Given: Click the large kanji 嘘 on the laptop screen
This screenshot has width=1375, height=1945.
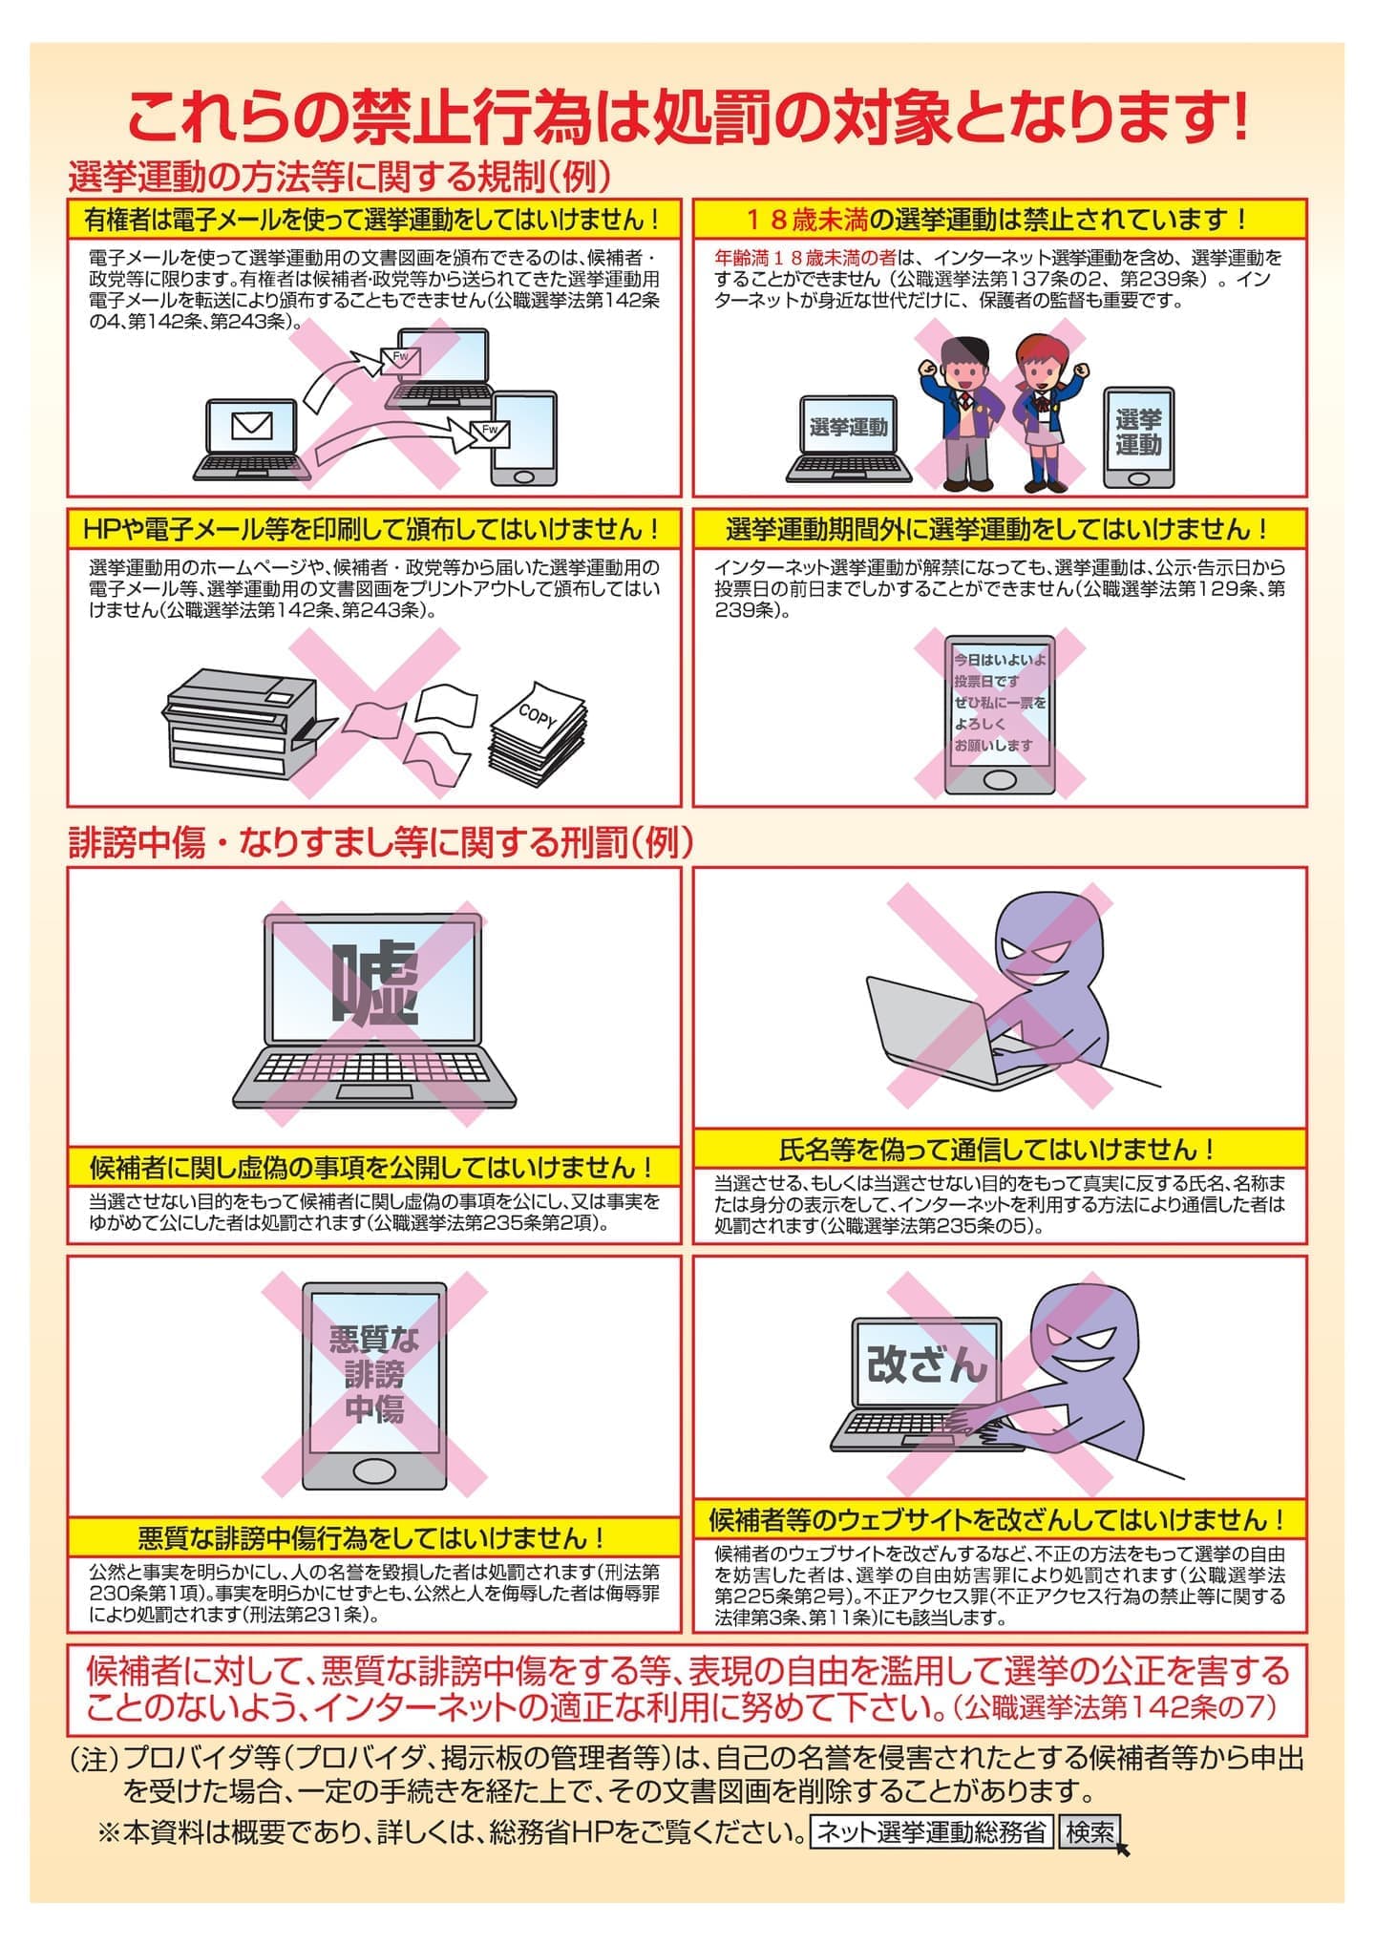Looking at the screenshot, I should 374,983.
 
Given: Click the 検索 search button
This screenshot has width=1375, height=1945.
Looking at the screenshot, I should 1089,1832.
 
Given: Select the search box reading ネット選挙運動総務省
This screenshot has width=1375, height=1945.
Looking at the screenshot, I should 931,1832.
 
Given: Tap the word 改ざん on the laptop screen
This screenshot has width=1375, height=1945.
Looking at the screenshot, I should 926,1365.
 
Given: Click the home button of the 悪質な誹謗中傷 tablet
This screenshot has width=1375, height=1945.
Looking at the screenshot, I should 373,1469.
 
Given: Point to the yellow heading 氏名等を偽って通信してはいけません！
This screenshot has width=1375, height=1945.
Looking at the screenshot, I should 999,1149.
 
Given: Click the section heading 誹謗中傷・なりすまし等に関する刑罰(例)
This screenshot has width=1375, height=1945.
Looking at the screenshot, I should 381,843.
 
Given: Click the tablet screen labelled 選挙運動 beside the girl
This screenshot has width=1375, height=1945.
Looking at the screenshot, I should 1138,433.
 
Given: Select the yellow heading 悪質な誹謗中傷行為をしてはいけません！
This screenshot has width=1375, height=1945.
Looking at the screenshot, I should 372,1538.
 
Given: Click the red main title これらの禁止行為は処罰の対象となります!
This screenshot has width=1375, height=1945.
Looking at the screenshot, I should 687,119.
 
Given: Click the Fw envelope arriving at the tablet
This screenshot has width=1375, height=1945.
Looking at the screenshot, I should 490,433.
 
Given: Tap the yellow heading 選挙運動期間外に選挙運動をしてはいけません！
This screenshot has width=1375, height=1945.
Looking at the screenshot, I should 999,529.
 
